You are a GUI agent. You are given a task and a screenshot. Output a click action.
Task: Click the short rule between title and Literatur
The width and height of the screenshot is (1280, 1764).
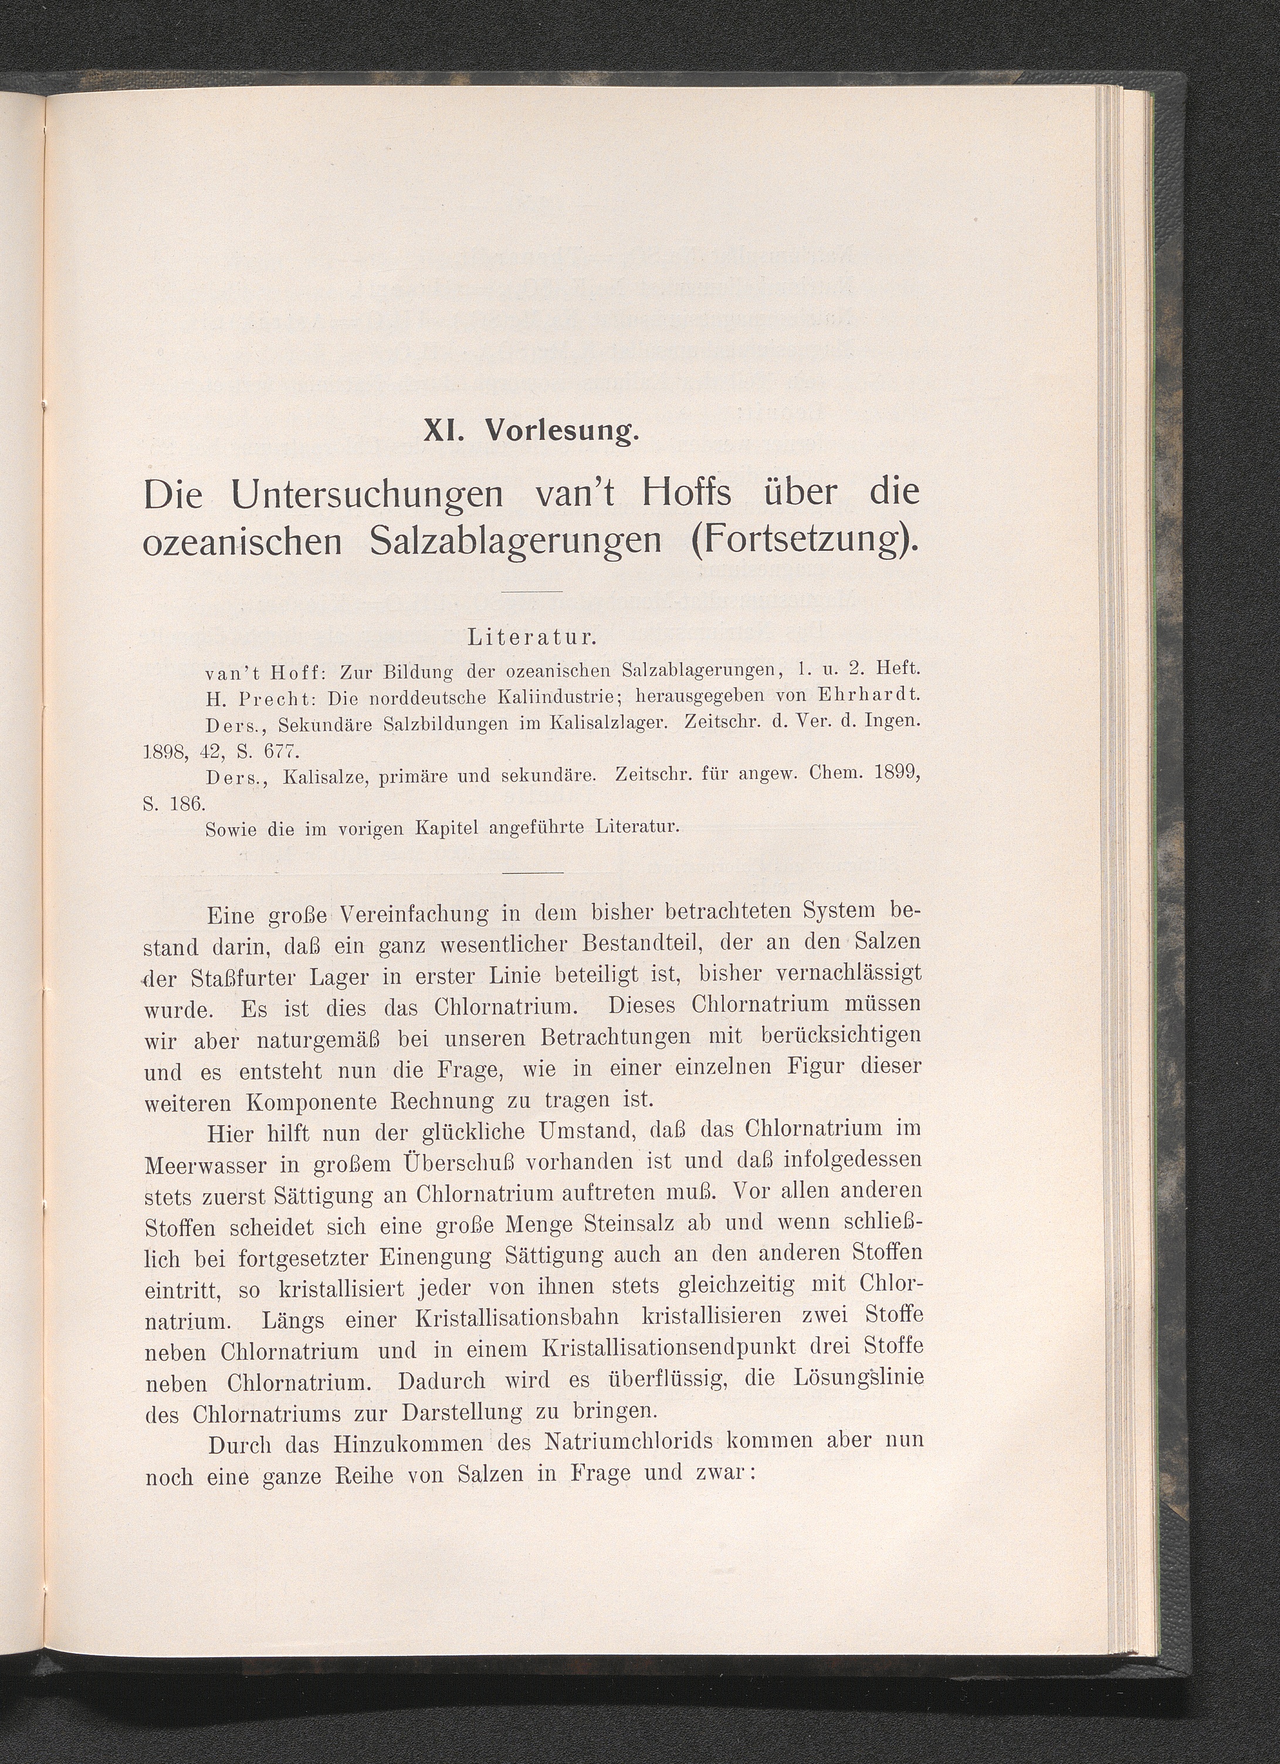(x=532, y=592)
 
